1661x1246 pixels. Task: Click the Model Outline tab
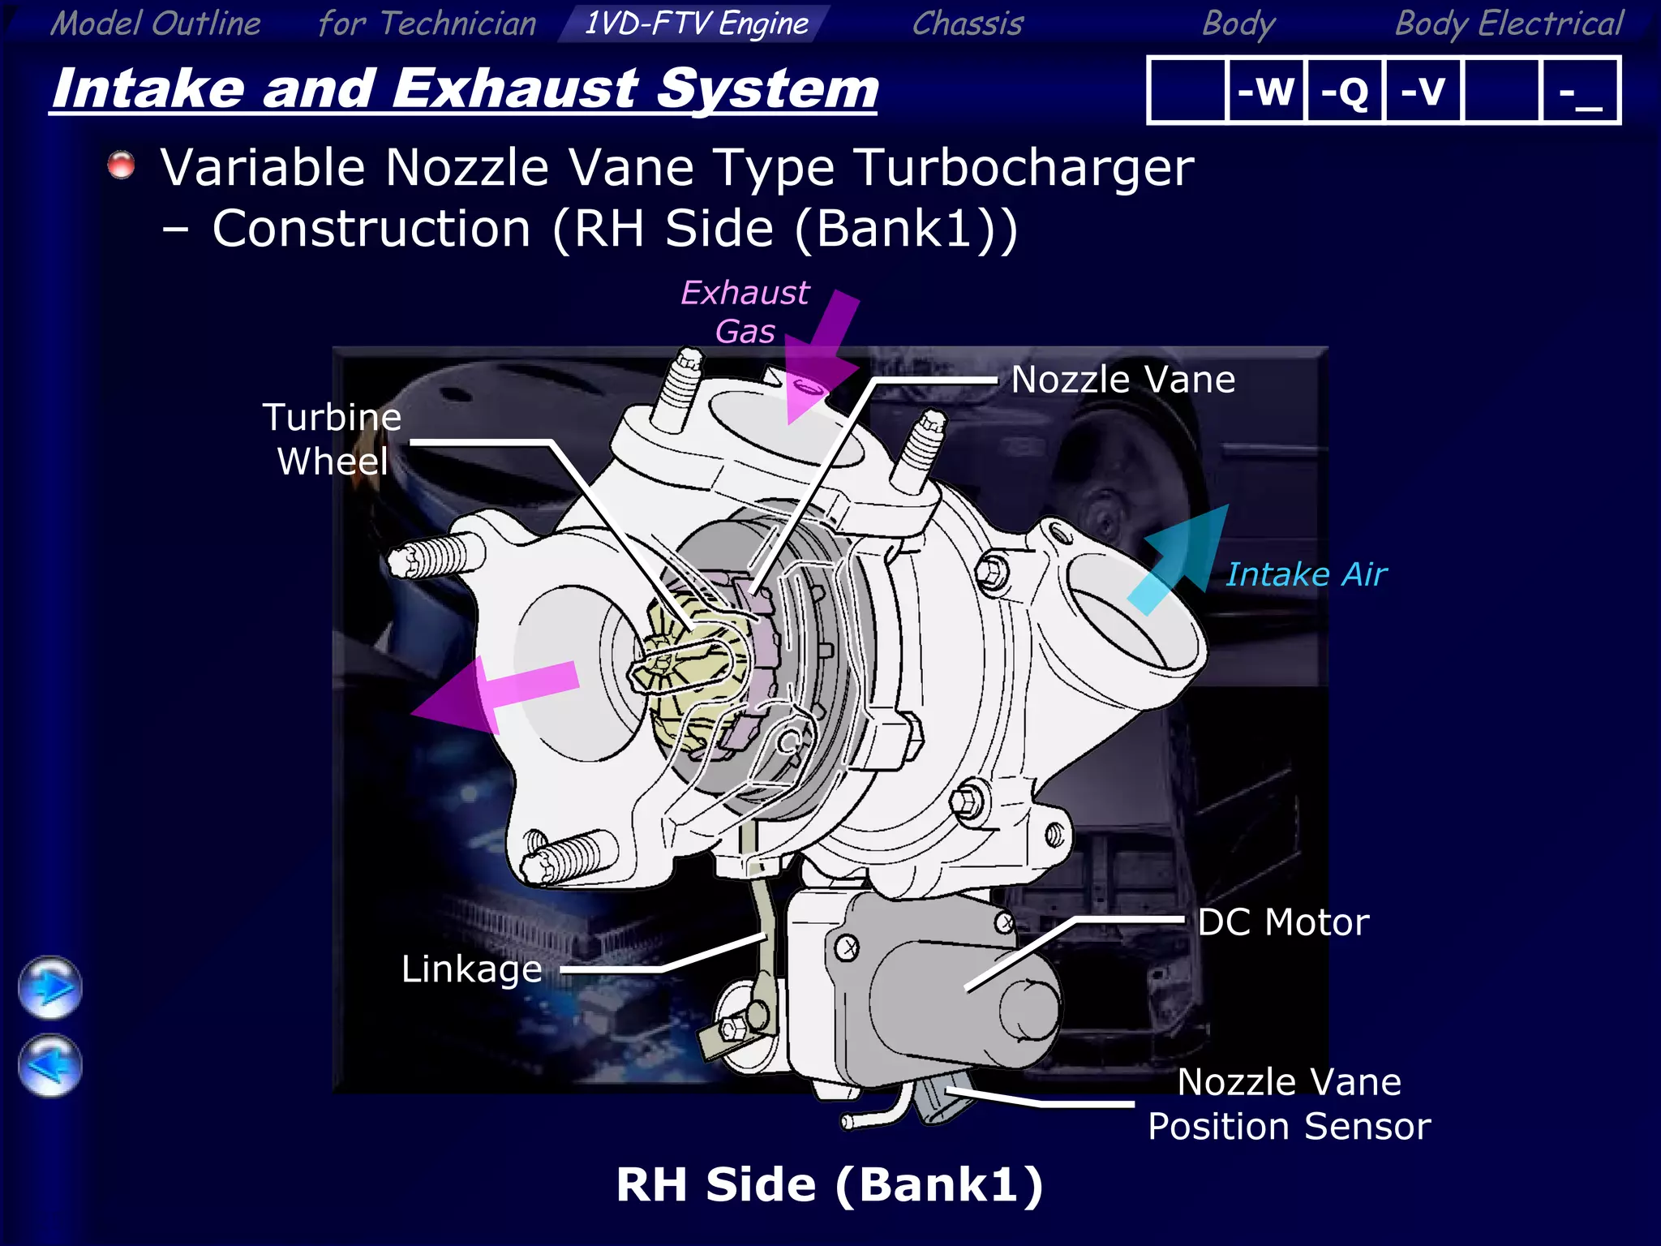[156, 23]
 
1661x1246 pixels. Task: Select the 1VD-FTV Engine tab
[696, 23]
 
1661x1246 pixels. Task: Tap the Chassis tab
[968, 23]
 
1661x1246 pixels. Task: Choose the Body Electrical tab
[1509, 23]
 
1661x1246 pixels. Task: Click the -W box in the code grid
[1265, 90]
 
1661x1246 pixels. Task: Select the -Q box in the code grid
[1344, 90]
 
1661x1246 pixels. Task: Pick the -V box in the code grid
[1423, 90]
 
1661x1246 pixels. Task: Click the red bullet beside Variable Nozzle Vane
[122, 165]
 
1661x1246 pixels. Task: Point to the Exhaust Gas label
[745, 311]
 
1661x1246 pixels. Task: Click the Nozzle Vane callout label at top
[1123, 380]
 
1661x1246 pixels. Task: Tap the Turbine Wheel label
[333, 439]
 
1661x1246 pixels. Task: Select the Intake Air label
[1306, 574]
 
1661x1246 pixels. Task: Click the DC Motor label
[1283, 922]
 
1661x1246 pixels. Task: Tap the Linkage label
[472, 969]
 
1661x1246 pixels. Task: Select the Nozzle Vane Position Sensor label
[1289, 1104]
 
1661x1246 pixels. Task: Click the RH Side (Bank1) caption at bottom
[829, 1185]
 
